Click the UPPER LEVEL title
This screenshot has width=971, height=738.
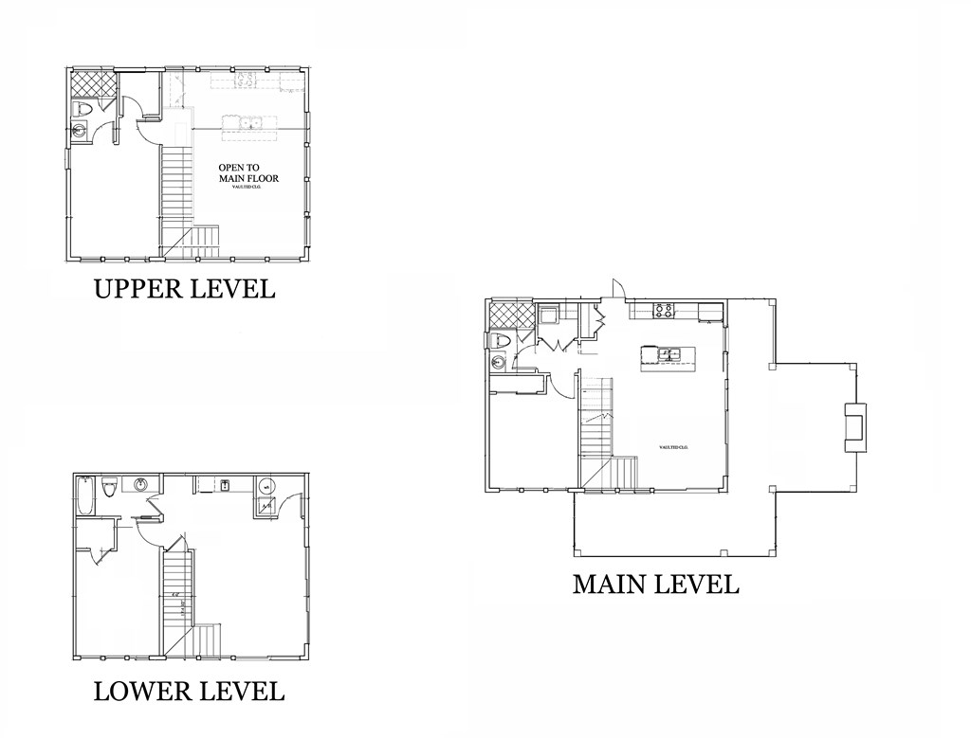pyautogui.click(x=184, y=288)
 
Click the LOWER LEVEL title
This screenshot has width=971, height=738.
pyautogui.click(x=189, y=691)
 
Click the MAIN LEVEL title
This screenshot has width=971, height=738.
pyautogui.click(x=655, y=584)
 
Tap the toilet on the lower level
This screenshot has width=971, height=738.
pyautogui.click(x=109, y=488)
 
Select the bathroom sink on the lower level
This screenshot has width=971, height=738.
pyautogui.click(x=141, y=486)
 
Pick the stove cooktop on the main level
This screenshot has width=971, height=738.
pyautogui.click(x=663, y=309)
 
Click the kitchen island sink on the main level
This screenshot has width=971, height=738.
pyautogui.click(x=670, y=354)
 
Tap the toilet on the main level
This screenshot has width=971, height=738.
pyautogui.click(x=501, y=340)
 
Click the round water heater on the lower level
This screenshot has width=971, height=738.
pyautogui.click(x=265, y=487)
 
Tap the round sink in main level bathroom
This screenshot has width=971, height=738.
pyautogui.click(x=498, y=362)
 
